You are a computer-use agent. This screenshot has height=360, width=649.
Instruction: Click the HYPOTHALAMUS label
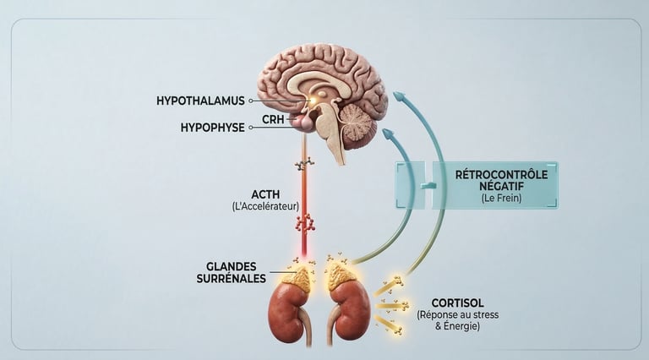[x=200, y=101]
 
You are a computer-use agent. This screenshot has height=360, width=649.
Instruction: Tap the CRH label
[x=273, y=120]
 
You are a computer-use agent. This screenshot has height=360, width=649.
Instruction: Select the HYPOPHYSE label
[x=212, y=128]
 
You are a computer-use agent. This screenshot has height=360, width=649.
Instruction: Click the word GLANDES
[x=236, y=265]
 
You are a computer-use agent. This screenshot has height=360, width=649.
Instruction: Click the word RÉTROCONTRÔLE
[x=501, y=174]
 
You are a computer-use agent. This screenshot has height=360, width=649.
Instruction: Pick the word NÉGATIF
[x=501, y=188]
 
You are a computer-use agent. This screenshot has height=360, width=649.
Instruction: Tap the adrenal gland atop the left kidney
[x=296, y=275]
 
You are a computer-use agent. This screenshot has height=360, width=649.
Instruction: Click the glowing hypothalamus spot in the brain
[x=313, y=102]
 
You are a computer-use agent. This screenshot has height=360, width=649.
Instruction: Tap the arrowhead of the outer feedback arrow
[x=400, y=96]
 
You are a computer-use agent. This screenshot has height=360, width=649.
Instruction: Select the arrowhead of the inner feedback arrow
[x=388, y=134]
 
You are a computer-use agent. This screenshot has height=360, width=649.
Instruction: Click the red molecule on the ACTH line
[x=305, y=222]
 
